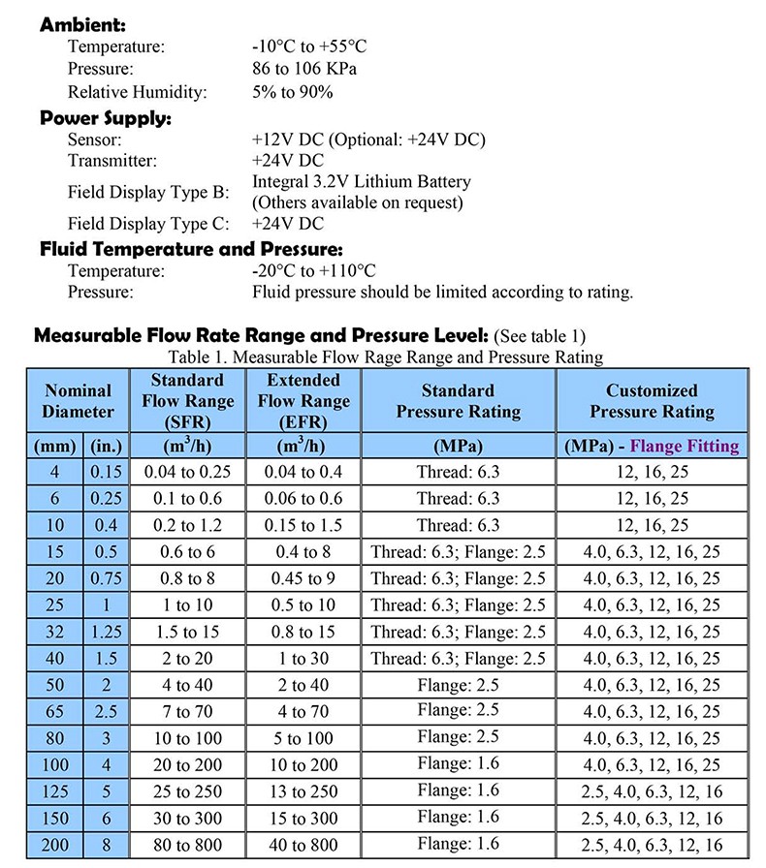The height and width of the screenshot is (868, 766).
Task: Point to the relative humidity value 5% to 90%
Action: [292, 93]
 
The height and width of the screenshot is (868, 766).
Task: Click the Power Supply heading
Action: [105, 118]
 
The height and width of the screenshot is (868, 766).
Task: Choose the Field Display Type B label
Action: [147, 192]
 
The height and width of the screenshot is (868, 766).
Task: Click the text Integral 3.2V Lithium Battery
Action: [361, 181]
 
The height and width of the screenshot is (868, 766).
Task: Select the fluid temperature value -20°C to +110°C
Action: [313, 271]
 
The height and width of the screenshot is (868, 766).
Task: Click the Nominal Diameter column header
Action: [78, 401]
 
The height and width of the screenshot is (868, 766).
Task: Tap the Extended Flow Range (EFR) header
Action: [303, 401]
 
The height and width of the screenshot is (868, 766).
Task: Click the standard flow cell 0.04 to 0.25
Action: [187, 473]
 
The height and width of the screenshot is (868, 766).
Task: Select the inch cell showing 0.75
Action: [107, 577]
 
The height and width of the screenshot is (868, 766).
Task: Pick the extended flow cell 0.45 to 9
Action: [303, 577]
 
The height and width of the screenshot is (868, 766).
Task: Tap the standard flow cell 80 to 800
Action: [187, 845]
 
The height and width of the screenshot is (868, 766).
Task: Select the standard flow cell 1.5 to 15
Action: [187, 632]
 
